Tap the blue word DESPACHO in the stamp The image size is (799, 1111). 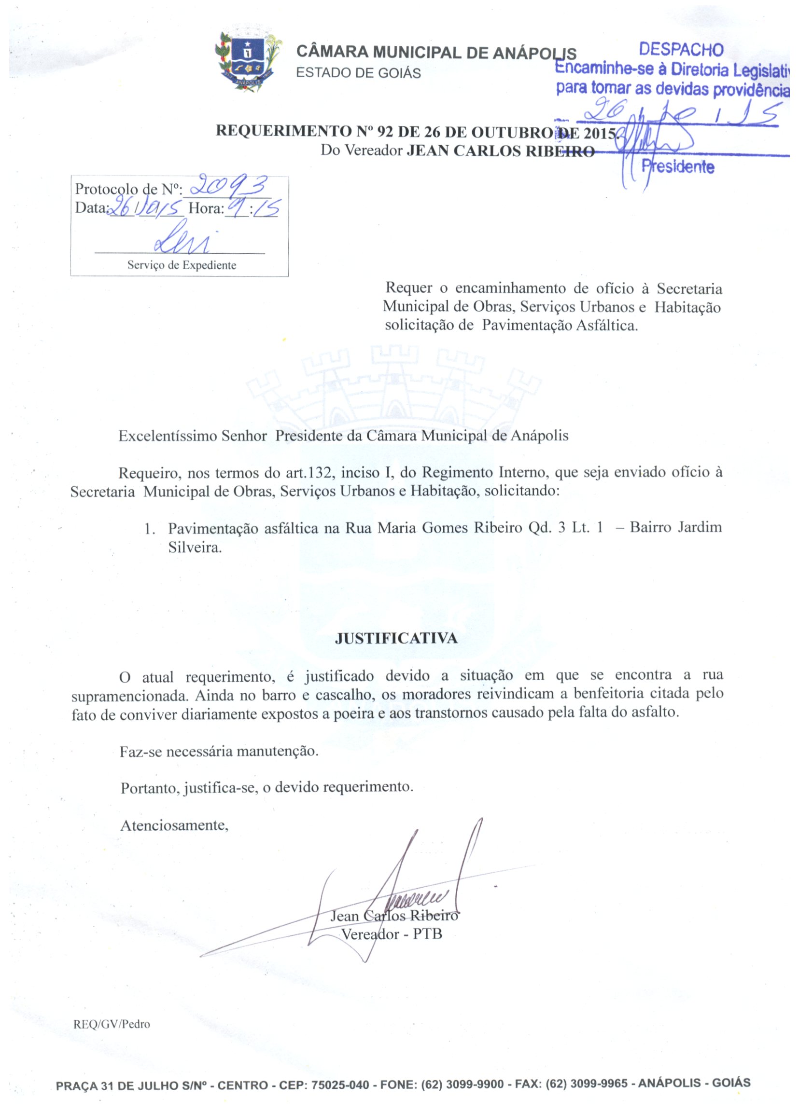681,50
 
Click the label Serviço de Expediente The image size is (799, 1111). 182,265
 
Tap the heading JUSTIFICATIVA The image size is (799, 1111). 396,638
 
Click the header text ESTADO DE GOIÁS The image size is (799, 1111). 358,73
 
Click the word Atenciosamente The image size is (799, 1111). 174,825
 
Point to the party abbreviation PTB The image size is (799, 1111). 427,933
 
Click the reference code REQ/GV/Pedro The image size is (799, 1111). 112,1024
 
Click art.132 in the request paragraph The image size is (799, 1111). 310,473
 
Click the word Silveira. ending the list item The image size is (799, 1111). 195,547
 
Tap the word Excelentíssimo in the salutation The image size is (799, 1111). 168,436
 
